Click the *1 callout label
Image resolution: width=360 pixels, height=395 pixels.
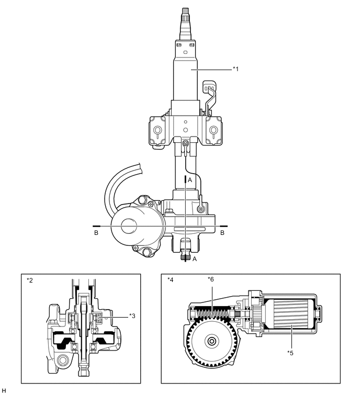point(236,69)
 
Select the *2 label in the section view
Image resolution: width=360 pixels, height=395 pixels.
point(30,280)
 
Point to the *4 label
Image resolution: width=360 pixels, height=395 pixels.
point(171,280)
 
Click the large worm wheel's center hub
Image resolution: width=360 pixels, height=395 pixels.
point(211,342)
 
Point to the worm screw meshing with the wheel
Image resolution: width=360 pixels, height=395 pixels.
point(215,315)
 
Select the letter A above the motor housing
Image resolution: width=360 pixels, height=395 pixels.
point(190,179)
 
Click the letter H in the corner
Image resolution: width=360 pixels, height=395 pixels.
point(4,390)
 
